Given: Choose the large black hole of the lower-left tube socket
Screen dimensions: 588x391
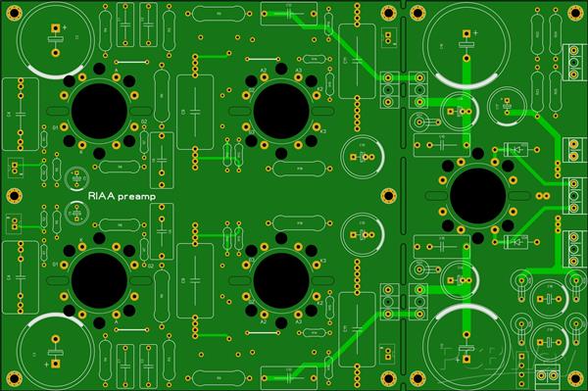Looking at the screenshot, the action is (x=98, y=282).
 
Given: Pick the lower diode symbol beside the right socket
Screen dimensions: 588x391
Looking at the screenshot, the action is (x=514, y=241).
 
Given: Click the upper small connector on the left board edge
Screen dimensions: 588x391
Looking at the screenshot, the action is (x=13, y=167).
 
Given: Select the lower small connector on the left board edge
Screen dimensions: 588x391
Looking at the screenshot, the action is (x=13, y=222).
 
